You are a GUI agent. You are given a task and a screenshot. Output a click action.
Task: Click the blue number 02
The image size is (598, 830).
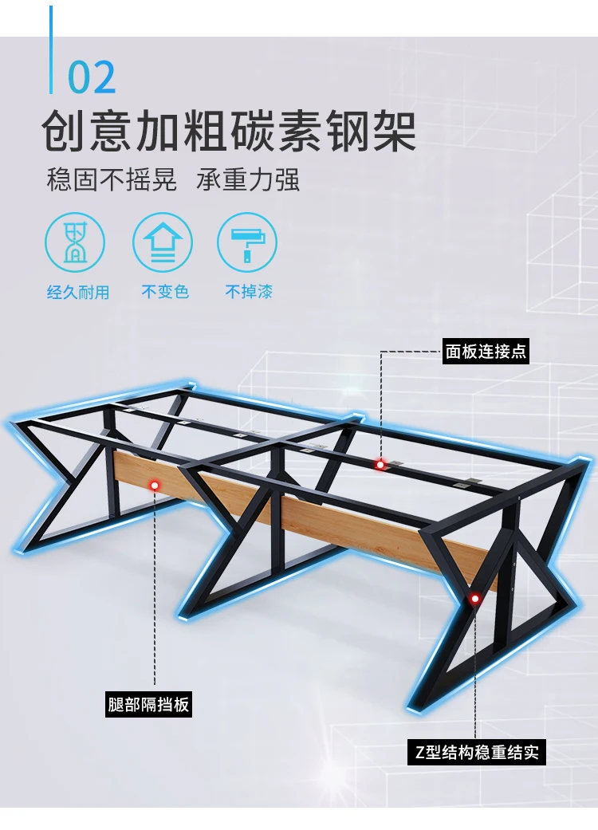click(x=92, y=77)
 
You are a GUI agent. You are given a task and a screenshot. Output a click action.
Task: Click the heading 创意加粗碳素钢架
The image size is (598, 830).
click(x=230, y=132)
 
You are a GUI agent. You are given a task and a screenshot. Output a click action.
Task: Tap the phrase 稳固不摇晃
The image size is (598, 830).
click(x=112, y=179)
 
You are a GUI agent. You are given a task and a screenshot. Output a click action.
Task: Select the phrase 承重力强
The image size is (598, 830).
click(x=248, y=179)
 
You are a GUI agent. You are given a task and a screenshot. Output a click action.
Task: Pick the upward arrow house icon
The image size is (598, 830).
click(x=163, y=242)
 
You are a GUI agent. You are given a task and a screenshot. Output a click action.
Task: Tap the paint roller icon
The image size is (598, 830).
click(x=247, y=242)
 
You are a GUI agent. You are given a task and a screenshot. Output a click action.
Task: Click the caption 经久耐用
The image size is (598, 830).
click(x=77, y=293)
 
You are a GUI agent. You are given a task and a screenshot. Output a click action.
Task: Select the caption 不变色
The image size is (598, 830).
click(x=165, y=293)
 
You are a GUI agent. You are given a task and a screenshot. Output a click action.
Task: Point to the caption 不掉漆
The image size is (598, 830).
click(x=249, y=293)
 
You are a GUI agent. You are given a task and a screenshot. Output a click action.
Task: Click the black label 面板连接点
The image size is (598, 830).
click(x=486, y=350)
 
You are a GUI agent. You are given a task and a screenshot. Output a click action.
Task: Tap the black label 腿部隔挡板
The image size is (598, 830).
click(x=149, y=705)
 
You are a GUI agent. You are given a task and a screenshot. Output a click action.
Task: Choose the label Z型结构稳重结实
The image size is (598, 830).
click(x=478, y=752)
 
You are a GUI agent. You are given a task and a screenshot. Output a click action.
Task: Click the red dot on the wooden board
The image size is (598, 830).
click(x=154, y=484)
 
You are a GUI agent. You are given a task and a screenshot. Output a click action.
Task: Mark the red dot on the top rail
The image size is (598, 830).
click(x=380, y=464)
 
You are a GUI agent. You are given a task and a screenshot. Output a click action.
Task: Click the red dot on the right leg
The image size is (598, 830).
click(x=475, y=597)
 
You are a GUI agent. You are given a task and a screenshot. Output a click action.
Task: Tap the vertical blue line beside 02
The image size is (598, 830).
click(x=52, y=49)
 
